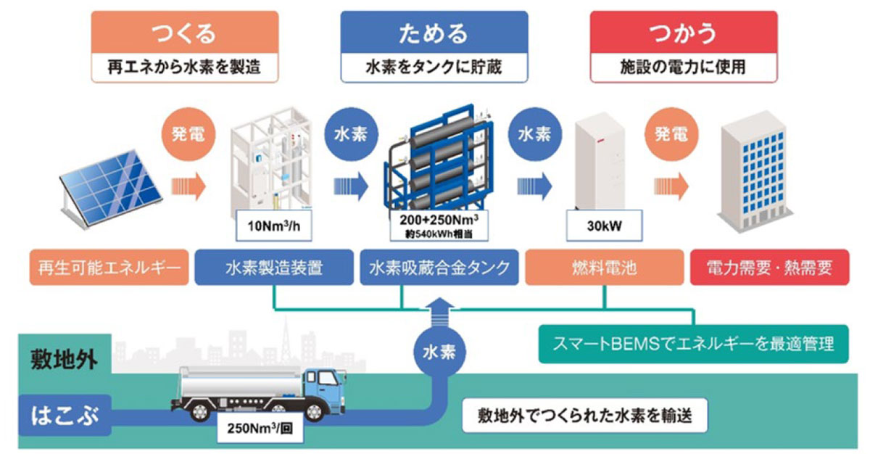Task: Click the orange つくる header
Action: [185, 32]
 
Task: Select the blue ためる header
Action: [434, 32]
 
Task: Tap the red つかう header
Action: [684, 32]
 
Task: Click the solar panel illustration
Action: [111, 189]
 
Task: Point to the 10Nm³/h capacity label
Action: [274, 226]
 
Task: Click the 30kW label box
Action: [604, 226]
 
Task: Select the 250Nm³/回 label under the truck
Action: [260, 428]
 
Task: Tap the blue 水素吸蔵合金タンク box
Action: [439, 268]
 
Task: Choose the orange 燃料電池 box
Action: [605, 268]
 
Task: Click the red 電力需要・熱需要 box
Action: [770, 268]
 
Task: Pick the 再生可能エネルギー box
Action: [109, 268]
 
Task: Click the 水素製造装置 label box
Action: [274, 268]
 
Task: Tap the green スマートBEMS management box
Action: [693, 344]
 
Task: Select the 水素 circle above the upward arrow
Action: [439, 352]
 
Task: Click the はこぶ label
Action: [65, 415]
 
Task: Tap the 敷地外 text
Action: [64, 359]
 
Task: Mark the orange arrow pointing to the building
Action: [671, 186]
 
